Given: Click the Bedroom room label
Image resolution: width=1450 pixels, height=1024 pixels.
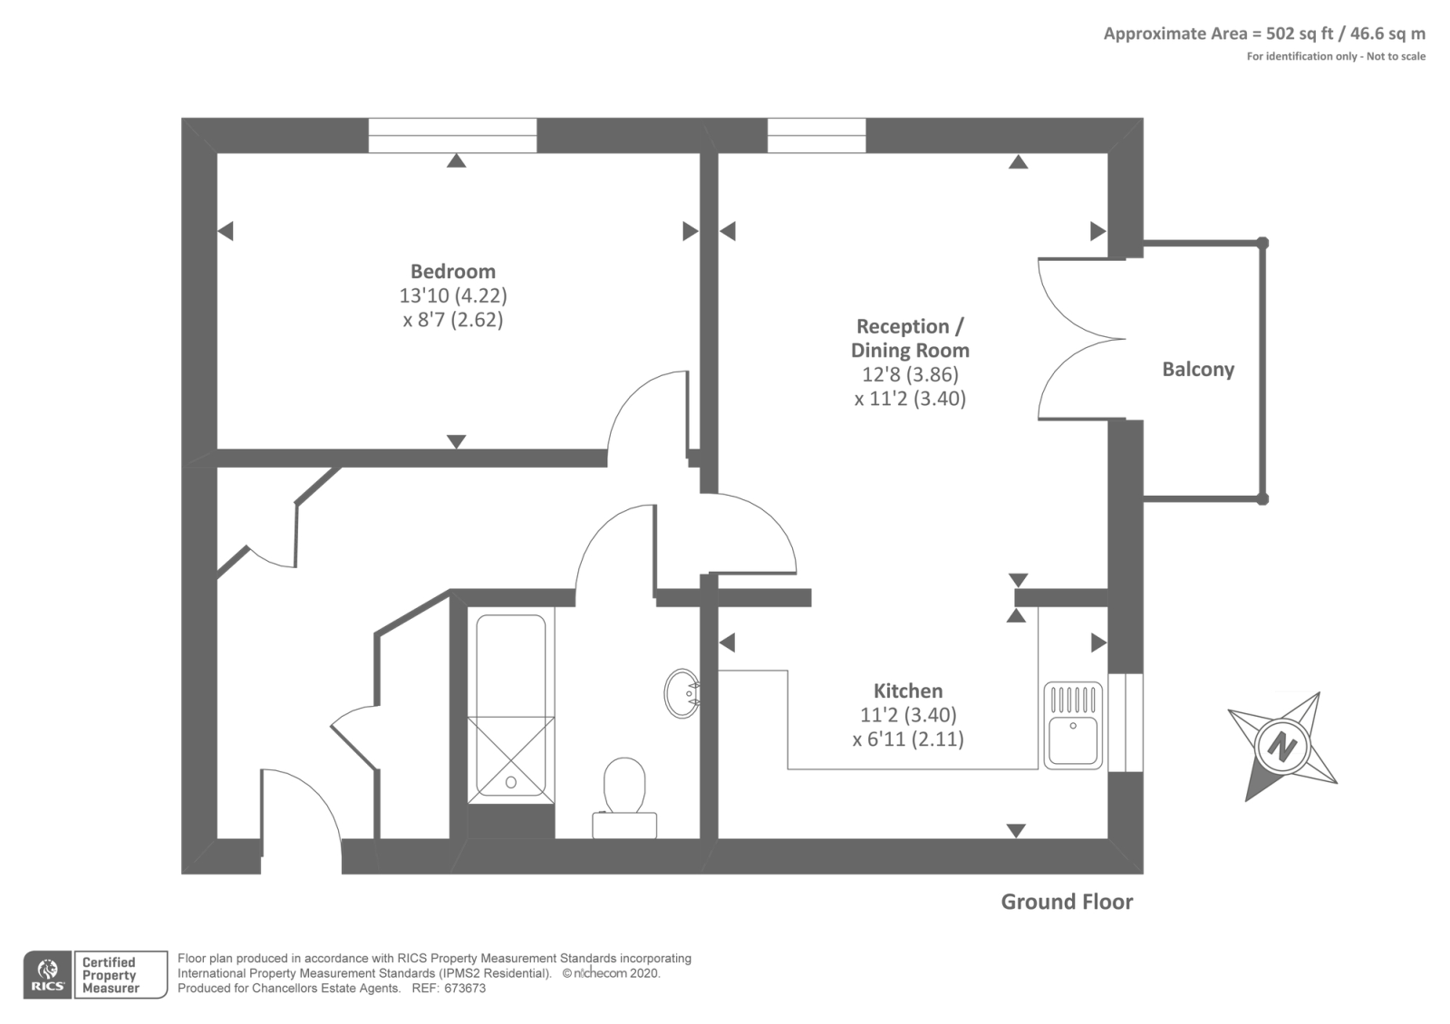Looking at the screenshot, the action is (452, 271).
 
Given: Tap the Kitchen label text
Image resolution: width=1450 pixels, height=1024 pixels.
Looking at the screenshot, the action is (908, 691).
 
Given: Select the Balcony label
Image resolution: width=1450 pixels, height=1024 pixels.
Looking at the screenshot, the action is (1198, 369).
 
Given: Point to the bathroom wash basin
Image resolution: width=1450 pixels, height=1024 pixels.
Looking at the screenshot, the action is (681, 693).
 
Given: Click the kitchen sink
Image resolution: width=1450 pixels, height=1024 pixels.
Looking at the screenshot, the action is (1073, 724).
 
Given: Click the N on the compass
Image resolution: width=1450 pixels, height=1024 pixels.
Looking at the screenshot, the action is (1281, 746).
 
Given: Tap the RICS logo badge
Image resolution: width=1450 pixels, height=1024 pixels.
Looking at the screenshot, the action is (48, 975).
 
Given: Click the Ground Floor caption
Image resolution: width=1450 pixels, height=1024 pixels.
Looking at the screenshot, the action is (1067, 902).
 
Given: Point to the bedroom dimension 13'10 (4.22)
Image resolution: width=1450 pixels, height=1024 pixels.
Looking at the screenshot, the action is (452, 295).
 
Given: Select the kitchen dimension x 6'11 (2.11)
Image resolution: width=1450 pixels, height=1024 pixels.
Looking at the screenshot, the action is (908, 739).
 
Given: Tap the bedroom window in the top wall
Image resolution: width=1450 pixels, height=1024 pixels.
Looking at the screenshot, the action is (452, 136).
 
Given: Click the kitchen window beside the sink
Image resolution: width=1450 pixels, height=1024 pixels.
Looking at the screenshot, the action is (1126, 722).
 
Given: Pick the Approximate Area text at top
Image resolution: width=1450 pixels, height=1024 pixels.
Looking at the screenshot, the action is (1264, 34).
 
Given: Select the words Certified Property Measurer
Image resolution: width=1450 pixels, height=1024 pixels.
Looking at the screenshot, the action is (110, 975).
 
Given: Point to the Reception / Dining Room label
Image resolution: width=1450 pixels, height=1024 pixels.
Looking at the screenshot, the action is (910, 338).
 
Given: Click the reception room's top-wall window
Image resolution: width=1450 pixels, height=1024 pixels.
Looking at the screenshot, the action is (817, 136).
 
